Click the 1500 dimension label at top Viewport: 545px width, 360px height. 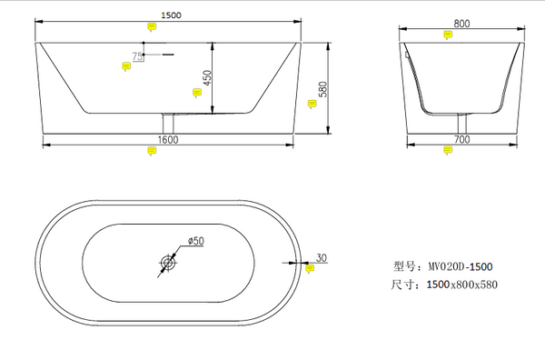[171, 15]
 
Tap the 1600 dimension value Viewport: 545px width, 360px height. [168, 140]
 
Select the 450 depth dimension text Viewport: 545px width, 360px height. [207, 78]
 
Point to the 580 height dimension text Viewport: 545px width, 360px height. [322, 89]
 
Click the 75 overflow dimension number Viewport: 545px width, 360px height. [137, 56]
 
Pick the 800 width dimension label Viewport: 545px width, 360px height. [461, 24]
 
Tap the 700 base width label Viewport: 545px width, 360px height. [462, 139]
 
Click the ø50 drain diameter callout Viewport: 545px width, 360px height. [196, 241]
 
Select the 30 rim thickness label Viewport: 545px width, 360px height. [322, 258]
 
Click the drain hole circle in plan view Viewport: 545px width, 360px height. [168, 263]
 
